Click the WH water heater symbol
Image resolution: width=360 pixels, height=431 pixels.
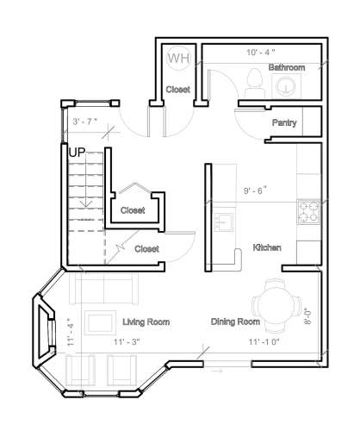click(178, 58)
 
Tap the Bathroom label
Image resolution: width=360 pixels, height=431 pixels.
click(287, 67)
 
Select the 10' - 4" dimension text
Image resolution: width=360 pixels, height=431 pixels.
click(261, 53)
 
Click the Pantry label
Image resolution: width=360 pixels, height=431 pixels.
click(284, 123)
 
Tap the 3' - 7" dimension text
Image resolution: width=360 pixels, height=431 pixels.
click(85, 121)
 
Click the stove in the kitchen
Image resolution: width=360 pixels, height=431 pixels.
click(308, 209)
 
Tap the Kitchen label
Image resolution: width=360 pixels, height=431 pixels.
click(267, 248)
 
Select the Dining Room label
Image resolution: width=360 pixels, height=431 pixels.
click(236, 322)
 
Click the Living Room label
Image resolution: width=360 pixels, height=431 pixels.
click(146, 322)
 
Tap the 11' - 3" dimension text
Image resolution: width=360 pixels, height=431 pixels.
click(126, 342)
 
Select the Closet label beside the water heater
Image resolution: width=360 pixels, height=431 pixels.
click(177, 89)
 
